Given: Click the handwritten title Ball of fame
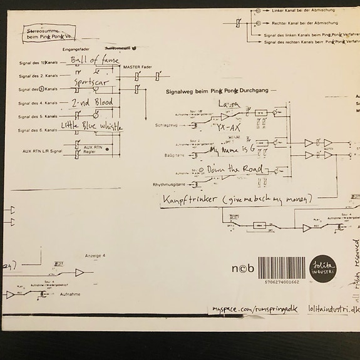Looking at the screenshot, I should pos(95,61).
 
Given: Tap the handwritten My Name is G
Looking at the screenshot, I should pos(233,152).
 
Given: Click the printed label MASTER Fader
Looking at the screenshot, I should pos(138,66).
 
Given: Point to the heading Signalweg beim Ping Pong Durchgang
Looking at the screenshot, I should pos(217,91).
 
